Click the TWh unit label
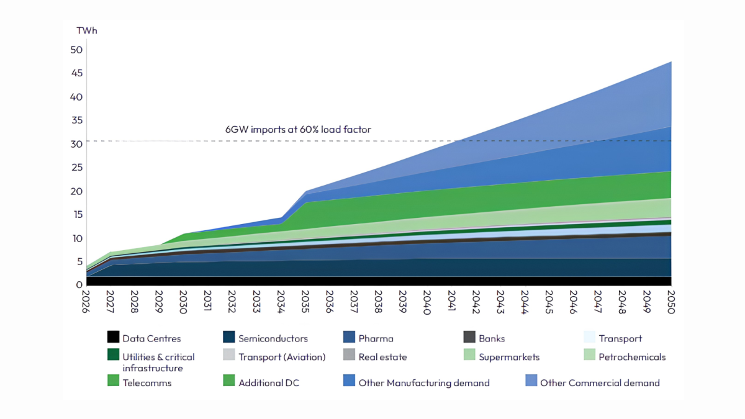pyautogui.click(x=87, y=30)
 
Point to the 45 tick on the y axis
pyautogui.click(x=77, y=73)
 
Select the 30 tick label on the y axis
pyautogui.click(x=76, y=144)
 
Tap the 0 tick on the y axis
pyautogui.click(x=79, y=285)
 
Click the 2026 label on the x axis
pyautogui.click(x=86, y=302)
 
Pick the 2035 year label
pyautogui.click(x=305, y=302)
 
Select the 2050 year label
pyautogui.click(x=671, y=302)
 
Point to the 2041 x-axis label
pyautogui.click(x=451, y=301)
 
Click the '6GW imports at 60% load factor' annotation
pyautogui.click(x=298, y=129)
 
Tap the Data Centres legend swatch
pyautogui.click(x=114, y=336)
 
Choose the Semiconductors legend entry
pyautogui.click(x=266, y=338)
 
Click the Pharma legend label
pyautogui.click(x=376, y=338)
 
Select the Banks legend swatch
pyautogui.click(x=469, y=336)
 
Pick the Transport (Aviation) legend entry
pyautogui.click(x=274, y=356)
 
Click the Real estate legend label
pyautogui.click(x=382, y=357)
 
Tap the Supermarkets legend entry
pyautogui.click(x=502, y=356)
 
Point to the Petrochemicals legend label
pyautogui.click(x=632, y=357)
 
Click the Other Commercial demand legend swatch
pyautogui.click(x=531, y=381)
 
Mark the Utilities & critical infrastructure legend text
pyautogui.click(x=158, y=363)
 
